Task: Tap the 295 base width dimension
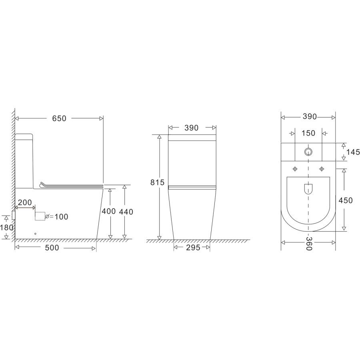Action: [192, 248]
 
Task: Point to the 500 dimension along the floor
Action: [52, 248]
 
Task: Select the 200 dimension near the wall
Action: [26, 203]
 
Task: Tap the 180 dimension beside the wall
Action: [7, 228]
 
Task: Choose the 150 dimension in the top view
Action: [308, 133]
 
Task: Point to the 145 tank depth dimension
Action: [353, 152]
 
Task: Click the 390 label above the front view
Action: [192, 128]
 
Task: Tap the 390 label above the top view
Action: [309, 117]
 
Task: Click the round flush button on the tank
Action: [308, 152]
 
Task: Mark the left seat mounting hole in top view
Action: [295, 168]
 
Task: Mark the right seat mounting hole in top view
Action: [321, 168]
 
